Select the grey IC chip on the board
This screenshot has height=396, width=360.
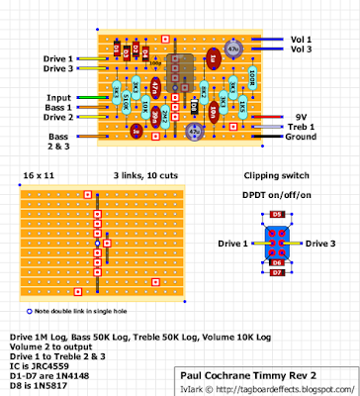coord(181,74)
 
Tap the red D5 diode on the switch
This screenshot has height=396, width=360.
coord(277,214)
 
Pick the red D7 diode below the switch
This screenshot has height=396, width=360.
coord(277,270)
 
